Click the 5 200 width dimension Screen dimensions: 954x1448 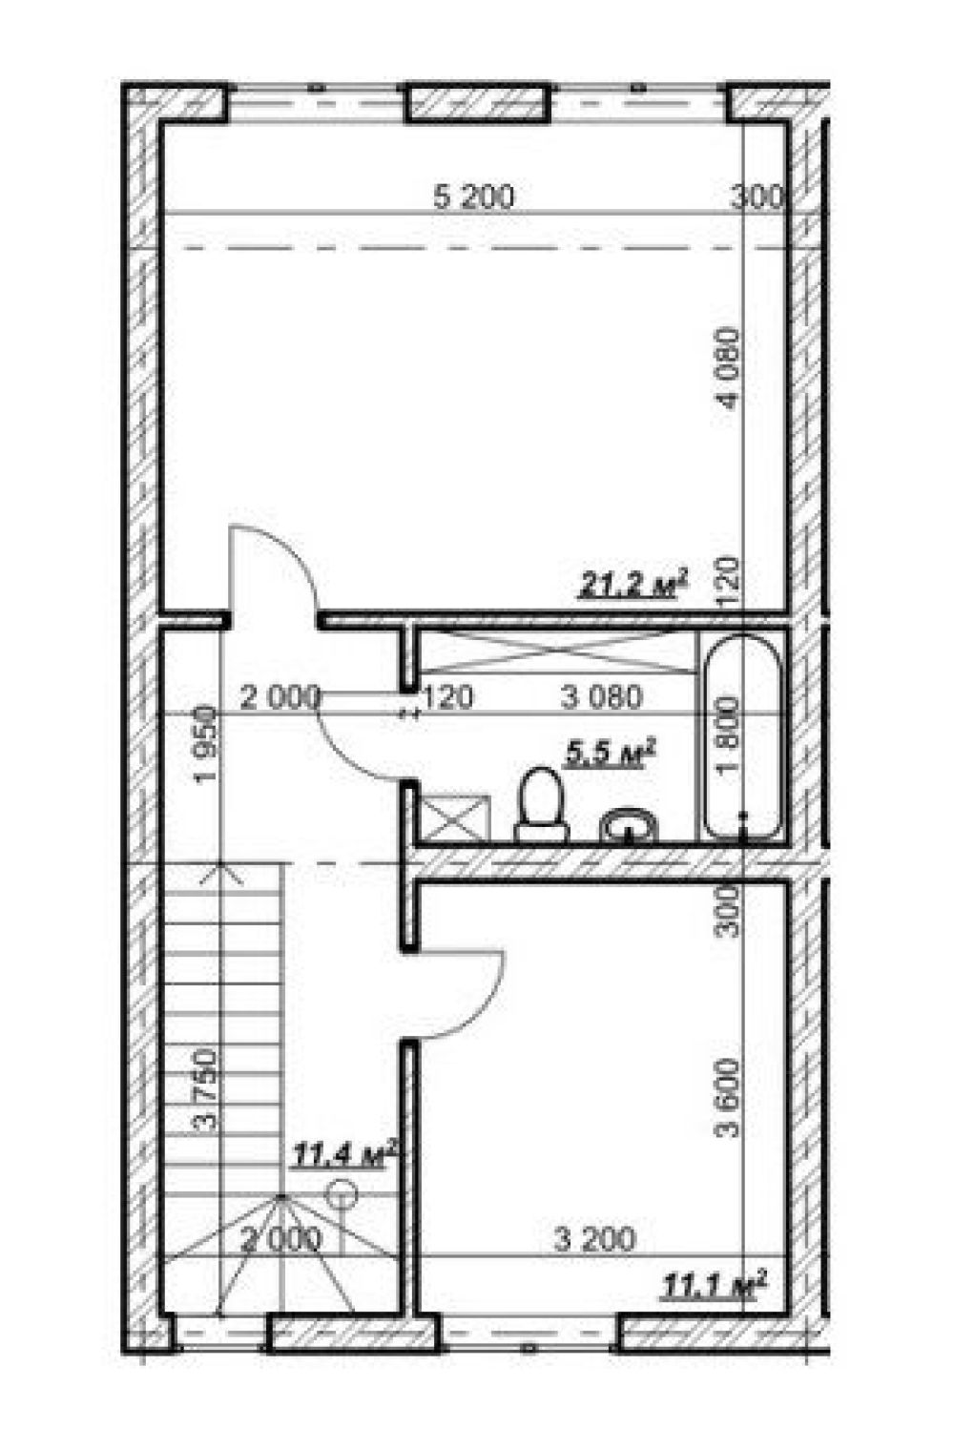474,197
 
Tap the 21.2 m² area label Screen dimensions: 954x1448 633,584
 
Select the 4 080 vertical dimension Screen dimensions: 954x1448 729,368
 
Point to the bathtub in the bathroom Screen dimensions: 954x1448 742,738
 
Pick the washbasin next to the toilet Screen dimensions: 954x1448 629,825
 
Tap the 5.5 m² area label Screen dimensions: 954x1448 611,753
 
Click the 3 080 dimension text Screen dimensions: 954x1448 602,697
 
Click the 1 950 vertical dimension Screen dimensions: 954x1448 207,744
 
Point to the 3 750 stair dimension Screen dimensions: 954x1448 205,1089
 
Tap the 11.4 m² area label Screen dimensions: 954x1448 343,1154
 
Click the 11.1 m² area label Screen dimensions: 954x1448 714,1283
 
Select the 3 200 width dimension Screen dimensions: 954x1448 594,1239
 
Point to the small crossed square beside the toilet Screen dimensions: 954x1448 454,819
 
